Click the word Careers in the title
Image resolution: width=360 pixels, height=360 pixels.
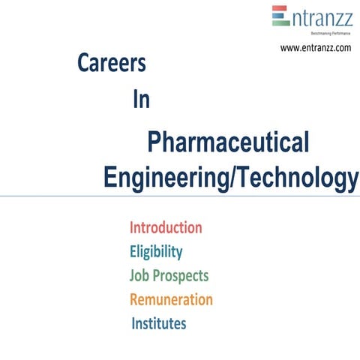[x=112, y=64]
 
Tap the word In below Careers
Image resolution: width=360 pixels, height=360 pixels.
[x=141, y=100]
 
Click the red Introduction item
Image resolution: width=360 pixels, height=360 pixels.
[x=166, y=227]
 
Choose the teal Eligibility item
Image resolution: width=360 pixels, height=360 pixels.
[x=156, y=251]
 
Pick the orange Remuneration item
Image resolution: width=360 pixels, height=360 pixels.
[x=171, y=299]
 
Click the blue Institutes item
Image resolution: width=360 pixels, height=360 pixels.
[x=159, y=324]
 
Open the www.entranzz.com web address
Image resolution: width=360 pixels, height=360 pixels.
[x=316, y=48]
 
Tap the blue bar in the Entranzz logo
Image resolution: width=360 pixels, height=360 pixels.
[x=279, y=16]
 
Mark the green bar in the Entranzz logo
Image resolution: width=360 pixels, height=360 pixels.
[x=280, y=22]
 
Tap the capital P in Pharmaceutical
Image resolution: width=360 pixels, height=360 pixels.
[x=155, y=142]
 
